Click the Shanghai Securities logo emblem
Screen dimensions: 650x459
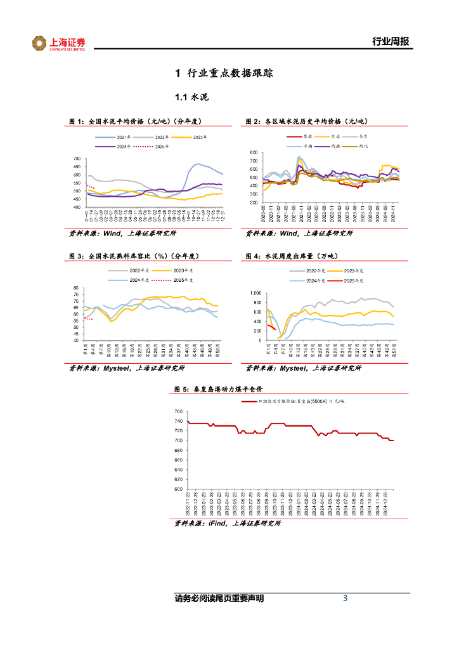40,43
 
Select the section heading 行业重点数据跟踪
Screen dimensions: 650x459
231,74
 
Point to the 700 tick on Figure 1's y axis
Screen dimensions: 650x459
77,159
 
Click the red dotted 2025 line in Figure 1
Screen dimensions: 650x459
90,187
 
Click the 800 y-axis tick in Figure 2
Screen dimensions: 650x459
254,153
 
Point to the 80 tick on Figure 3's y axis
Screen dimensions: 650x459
77,288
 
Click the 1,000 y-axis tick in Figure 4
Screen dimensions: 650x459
255,293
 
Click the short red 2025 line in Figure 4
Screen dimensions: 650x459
271,327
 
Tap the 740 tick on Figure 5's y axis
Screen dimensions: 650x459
178,412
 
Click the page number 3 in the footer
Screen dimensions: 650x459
345,598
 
